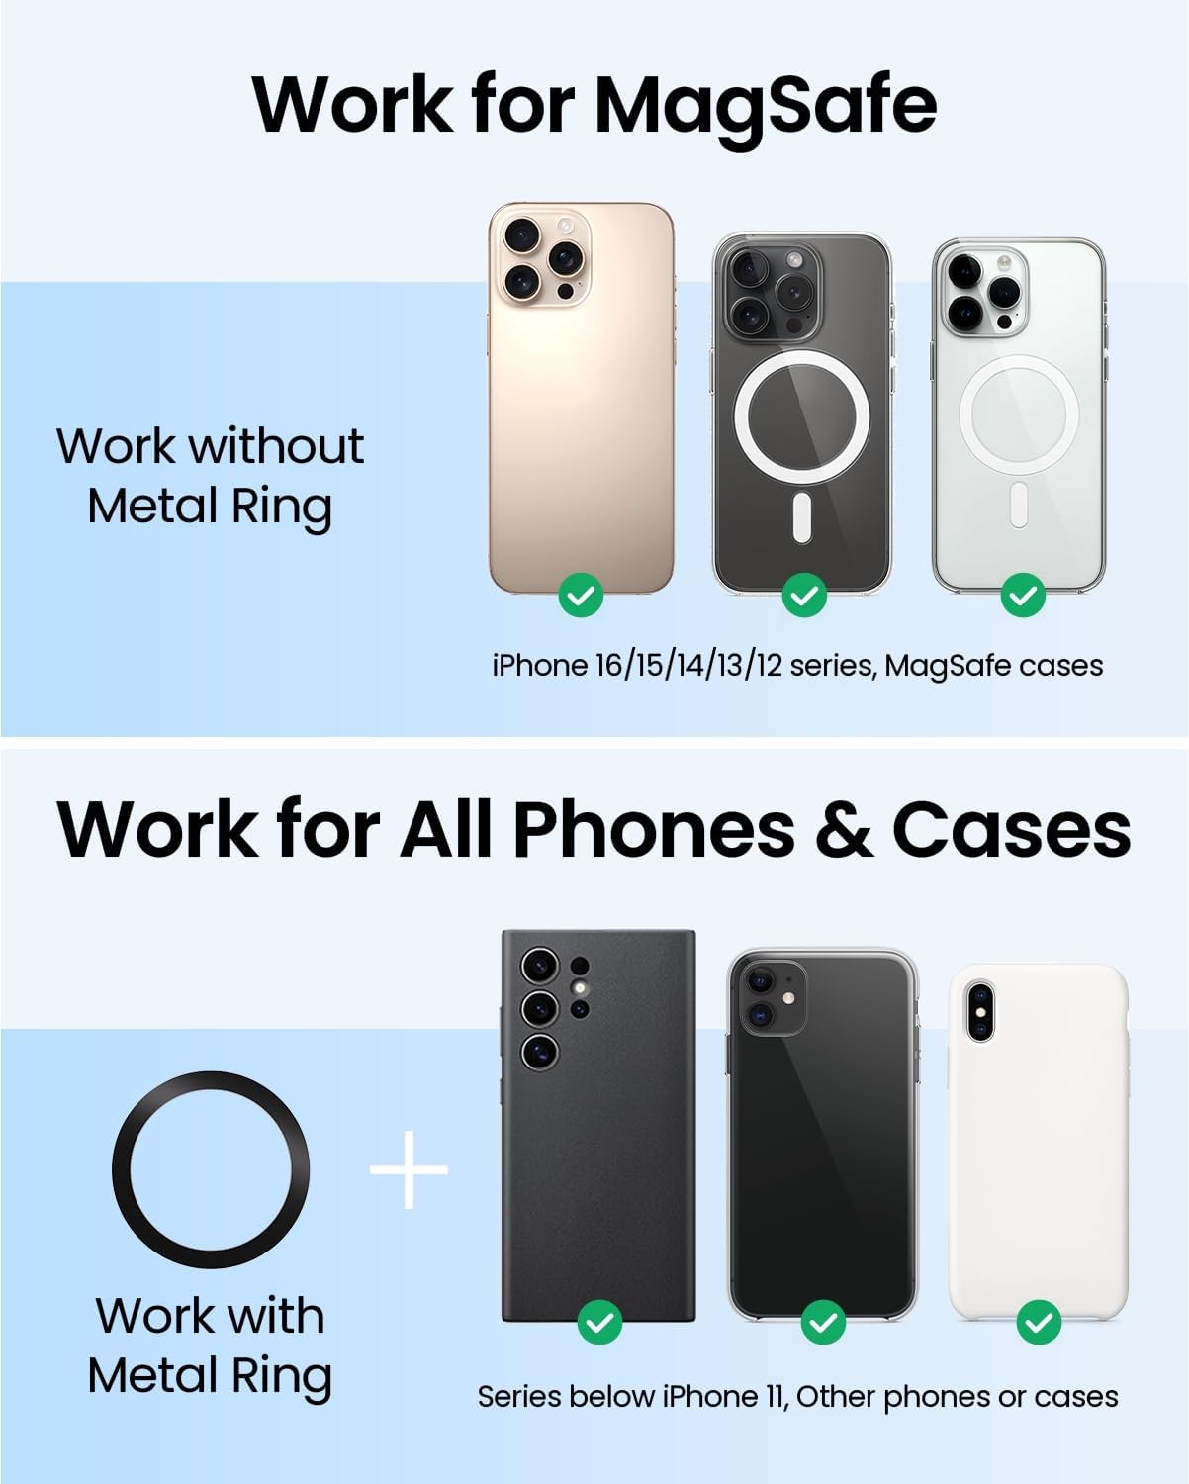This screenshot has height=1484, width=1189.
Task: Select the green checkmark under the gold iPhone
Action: click(x=581, y=596)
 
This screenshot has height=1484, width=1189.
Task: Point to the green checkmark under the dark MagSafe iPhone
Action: click(x=804, y=596)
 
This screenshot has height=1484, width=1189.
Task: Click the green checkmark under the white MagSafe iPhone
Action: click(x=1023, y=596)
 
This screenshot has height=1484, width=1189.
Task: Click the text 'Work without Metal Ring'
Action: click(x=210, y=476)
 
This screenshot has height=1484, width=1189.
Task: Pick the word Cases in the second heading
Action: click(x=1011, y=829)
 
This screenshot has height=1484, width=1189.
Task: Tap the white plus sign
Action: click(x=409, y=1169)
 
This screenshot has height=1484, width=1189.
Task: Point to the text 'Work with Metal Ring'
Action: click(x=210, y=1345)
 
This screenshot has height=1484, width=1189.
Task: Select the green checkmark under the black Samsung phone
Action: click(x=599, y=1323)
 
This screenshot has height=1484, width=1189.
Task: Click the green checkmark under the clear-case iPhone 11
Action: click(x=823, y=1323)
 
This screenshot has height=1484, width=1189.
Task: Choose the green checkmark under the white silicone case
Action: click(x=1039, y=1323)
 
